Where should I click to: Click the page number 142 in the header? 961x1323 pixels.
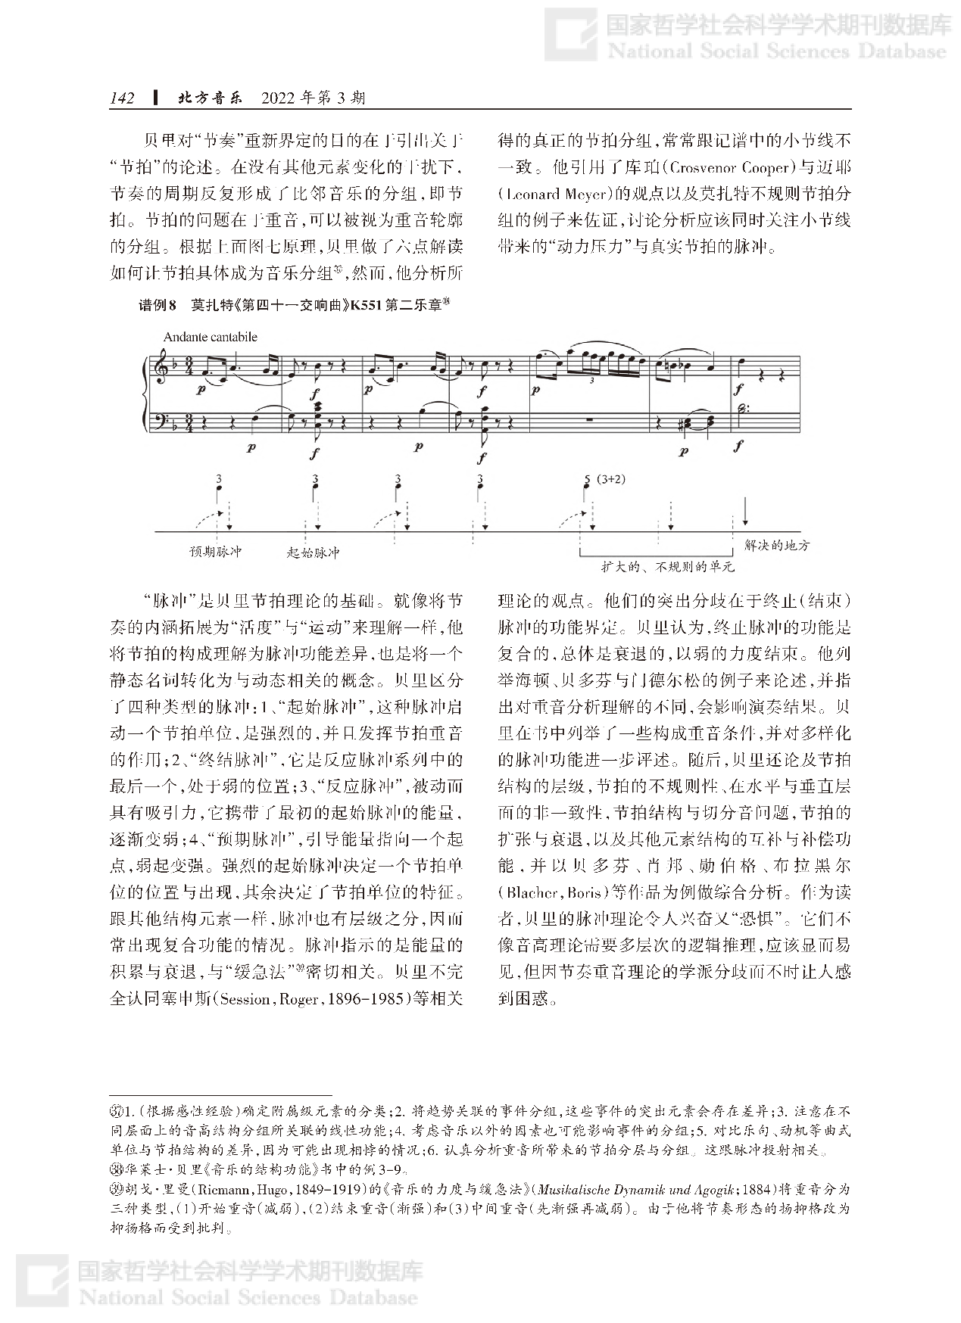pyautogui.click(x=122, y=98)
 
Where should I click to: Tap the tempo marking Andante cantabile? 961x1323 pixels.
pyautogui.click(x=210, y=337)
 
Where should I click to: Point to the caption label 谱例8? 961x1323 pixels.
pyautogui.click(x=158, y=306)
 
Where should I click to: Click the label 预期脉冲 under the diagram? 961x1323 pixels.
pyautogui.click(x=215, y=552)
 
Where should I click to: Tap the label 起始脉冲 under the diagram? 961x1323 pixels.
pyautogui.click(x=313, y=553)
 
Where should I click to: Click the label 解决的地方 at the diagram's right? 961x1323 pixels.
pyautogui.click(x=777, y=545)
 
